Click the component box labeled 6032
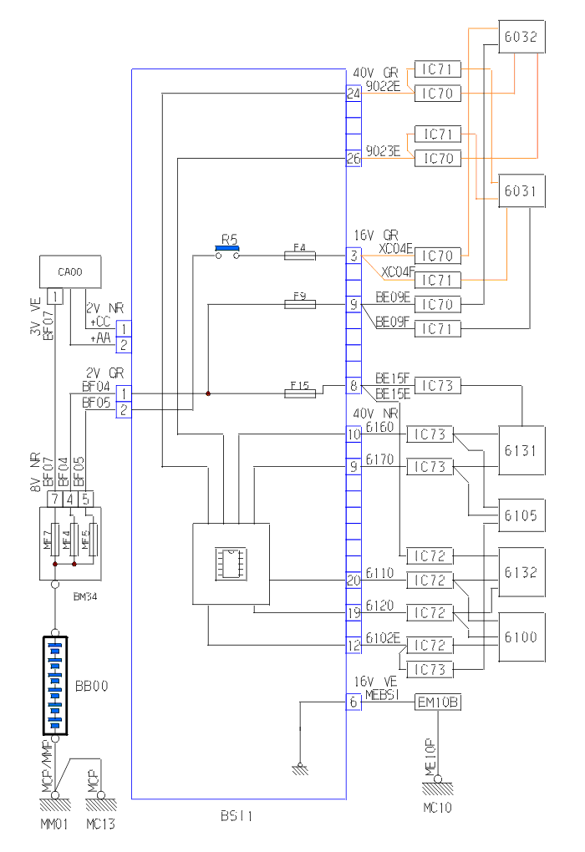point(521,37)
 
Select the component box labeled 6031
point(521,191)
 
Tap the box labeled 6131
point(521,450)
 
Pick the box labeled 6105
point(521,515)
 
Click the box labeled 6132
point(521,573)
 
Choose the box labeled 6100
point(521,636)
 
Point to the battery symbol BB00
point(55,685)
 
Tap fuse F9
point(299,306)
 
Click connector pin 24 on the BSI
point(354,94)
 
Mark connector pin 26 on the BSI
point(354,158)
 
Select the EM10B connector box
point(437,702)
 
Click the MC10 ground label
point(438,808)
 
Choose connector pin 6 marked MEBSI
point(354,702)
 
